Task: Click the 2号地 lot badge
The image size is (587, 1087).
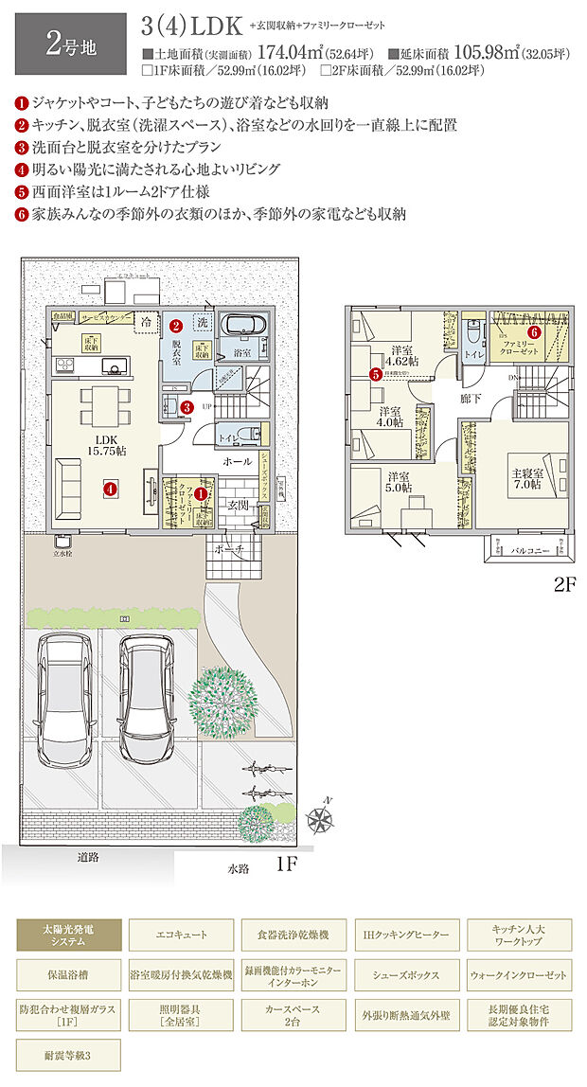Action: coord(68,44)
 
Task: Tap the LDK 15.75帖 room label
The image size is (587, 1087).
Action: coord(103,446)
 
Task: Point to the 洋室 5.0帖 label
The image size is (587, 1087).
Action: coord(397,482)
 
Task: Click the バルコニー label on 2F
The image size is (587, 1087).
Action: coord(532,548)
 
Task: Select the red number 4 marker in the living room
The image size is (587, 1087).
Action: coord(111,490)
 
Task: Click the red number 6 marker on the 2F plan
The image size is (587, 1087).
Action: coord(535,332)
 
